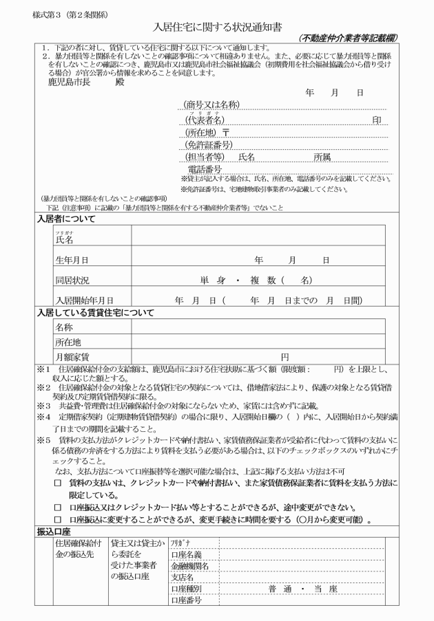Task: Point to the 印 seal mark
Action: click(x=377, y=119)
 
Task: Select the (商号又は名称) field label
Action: click(x=211, y=105)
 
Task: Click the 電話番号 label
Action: click(x=205, y=170)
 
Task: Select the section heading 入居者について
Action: click(x=66, y=219)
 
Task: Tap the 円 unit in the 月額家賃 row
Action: click(x=283, y=356)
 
